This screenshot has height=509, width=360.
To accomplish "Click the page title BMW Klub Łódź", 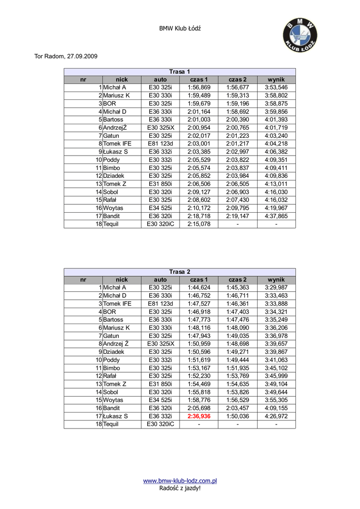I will pos(180,29).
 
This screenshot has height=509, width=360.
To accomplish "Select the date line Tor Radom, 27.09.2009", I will pos(66,56).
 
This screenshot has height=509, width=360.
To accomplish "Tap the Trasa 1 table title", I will pos(180,72).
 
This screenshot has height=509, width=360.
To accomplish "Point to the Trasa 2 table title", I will pos(180,271).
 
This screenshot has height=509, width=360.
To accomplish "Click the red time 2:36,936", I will pos(199,416).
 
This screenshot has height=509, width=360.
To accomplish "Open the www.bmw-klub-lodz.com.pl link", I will pos(180,481).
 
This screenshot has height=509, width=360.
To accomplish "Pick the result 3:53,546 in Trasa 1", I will pos(276,87).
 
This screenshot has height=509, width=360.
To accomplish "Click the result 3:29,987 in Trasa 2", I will pos(276,287).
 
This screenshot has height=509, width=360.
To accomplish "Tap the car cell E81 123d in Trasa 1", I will pos(160,144).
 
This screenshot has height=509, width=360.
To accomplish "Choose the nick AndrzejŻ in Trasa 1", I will pos(115,128).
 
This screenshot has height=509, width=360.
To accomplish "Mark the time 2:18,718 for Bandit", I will pos(199,216).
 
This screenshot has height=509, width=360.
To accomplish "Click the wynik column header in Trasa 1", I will pos(276,80).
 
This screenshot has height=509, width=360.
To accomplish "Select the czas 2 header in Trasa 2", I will pos(238,279).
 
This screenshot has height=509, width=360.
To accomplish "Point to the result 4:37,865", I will pos(276,216).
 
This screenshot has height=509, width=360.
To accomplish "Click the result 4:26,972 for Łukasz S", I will pos(276,416).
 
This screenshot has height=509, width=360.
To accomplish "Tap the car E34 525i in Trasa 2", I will pos(160,400).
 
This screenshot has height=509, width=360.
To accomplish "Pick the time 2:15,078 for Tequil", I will pos(199,224).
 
